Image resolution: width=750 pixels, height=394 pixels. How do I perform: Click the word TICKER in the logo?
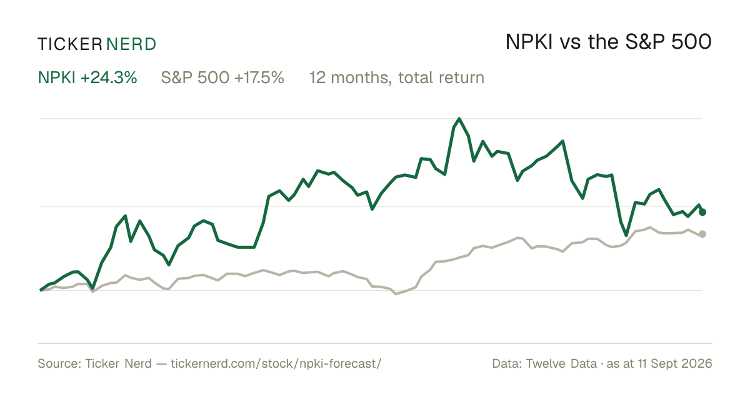pos(70,44)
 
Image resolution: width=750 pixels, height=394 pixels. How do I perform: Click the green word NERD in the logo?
pos(131,44)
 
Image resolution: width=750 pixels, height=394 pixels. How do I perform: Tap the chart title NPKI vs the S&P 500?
pos(608,42)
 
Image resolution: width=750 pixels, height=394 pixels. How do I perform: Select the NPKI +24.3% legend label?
pos(87,78)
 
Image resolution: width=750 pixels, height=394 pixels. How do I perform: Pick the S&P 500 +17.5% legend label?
pos(222,78)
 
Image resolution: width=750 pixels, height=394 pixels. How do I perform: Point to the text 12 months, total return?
pos(397,78)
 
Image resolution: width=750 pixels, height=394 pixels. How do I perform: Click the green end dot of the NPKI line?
pos(702,212)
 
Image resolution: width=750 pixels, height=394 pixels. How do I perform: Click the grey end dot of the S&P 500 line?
pos(702,234)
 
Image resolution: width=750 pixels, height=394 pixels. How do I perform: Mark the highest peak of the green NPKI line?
pos(459,119)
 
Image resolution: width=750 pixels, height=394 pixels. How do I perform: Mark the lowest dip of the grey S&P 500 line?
pos(396,294)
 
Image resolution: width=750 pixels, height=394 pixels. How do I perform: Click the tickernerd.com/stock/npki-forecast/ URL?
pos(276,363)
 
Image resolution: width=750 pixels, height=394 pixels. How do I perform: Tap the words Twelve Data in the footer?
pos(561,363)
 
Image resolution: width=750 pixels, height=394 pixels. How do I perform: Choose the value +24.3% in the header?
pos(109,78)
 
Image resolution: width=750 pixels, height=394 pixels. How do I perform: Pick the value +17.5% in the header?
pos(259,78)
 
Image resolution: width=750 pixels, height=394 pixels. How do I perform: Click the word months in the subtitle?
pos(361,78)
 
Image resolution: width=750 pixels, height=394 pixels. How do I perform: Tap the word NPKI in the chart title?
pos(529,42)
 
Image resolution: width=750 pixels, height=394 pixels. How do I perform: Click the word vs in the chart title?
pos(570,44)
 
